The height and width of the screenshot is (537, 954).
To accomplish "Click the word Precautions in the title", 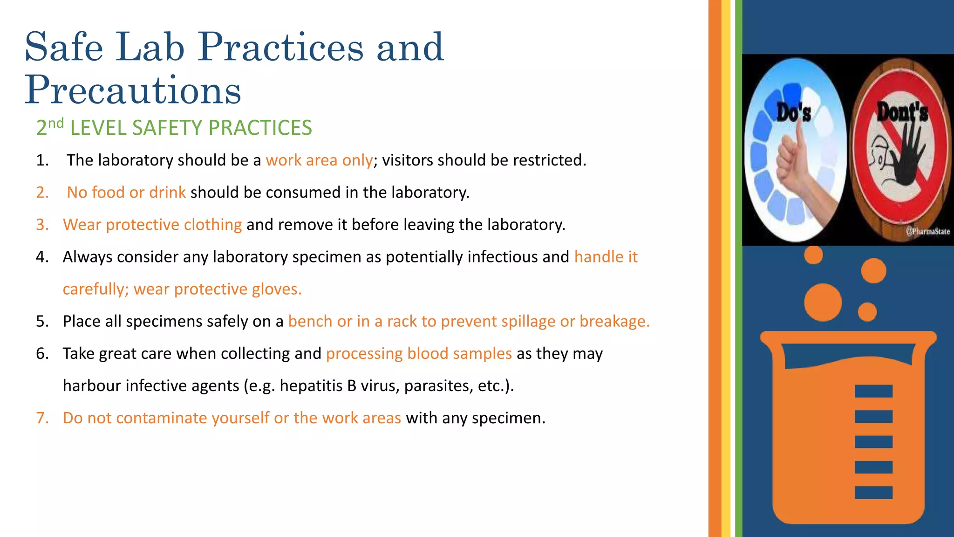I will pos(133,90).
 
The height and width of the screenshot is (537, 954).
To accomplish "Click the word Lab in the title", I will pos(150,47).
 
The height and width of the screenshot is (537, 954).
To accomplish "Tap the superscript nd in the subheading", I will pos(56,124).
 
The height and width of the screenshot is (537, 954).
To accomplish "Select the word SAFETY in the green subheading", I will pos(167,128).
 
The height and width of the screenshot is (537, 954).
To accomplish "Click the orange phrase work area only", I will pos(319,160).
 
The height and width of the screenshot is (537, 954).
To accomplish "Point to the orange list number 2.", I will pos(42,193).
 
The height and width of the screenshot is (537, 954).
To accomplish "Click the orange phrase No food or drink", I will pos(126,193).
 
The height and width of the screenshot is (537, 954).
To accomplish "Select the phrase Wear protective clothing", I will pos(152,225).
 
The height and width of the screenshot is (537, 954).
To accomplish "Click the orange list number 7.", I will pos(42,418).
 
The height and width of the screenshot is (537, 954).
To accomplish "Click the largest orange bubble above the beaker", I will pos(823,302).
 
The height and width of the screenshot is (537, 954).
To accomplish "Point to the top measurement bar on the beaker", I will pos(873,391).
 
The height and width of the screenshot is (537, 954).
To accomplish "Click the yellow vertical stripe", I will pos(726,268).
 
